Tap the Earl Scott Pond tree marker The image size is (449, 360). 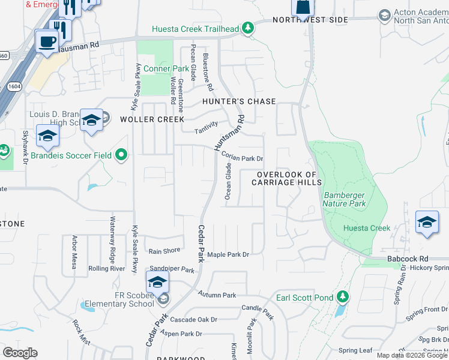tap(342, 296)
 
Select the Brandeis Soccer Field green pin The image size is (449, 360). tap(121, 155)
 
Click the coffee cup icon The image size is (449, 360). tap(46, 42)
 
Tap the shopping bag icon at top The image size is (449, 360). tap(302, 7)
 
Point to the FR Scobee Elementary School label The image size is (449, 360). tap(116, 299)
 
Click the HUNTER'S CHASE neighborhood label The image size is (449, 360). tap(239, 101)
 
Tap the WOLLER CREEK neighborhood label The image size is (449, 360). tap(152, 119)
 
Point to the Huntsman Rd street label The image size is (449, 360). tap(231, 133)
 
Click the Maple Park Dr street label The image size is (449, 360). tap(228, 255)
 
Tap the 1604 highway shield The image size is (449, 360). tap(12, 87)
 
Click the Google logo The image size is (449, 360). tap(20, 353)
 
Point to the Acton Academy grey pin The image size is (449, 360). tap(384, 14)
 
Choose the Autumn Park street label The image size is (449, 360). tap(217, 295)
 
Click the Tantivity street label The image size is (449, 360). tap(205, 131)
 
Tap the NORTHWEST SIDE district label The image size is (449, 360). tap(310, 20)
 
